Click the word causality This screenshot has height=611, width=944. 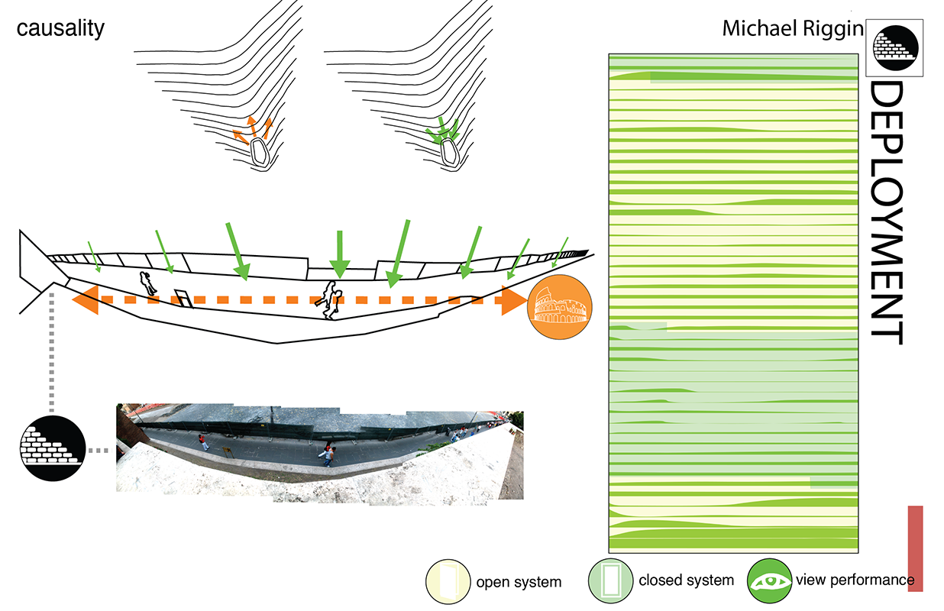click(60, 29)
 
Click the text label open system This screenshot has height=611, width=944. click(519, 582)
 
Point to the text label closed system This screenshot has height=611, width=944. click(686, 580)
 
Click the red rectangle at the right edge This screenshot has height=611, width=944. click(915, 548)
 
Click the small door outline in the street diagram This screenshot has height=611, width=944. click(184, 298)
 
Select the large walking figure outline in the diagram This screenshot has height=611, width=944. click(331, 299)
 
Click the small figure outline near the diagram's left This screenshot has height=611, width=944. click(146, 283)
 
